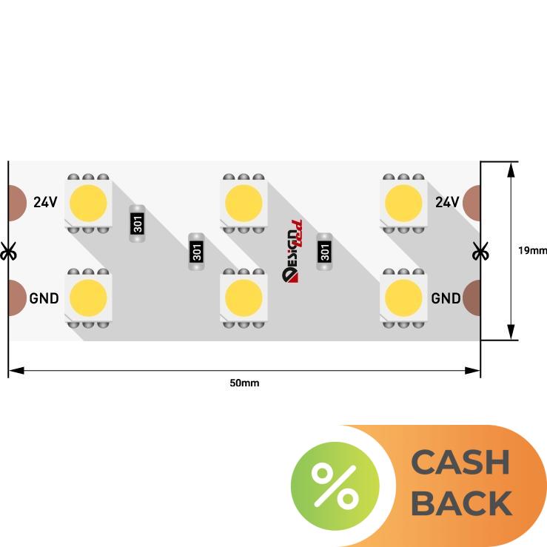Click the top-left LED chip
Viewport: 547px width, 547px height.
[x=89, y=202]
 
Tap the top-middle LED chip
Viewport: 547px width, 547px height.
[x=244, y=202]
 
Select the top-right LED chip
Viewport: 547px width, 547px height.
[x=403, y=202]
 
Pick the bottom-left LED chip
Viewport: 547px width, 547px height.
[x=89, y=297]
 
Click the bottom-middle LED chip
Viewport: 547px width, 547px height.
[x=244, y=297]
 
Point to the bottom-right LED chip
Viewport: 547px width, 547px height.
[x=403, y=297]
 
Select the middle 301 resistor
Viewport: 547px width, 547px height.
[x=196, y=251]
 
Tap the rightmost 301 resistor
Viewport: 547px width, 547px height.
[x=324, y=251]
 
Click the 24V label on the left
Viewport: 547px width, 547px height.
[x=45, y=202]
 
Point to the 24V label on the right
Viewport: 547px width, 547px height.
[x=447, y=202]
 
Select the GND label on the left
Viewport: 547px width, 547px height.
[x=44, y=298]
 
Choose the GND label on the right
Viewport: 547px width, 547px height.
[x=446, y=298]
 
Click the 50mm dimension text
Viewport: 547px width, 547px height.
[x=244, y=383]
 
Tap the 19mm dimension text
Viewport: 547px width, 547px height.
[x=531, y=250]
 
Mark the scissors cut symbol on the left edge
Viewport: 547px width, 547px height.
[x=9, y=251]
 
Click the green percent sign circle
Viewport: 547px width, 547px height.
[x=335, y=486]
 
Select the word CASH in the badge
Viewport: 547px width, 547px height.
[x=460, y=463]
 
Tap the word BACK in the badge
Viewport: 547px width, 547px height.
[x=460, y=503]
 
